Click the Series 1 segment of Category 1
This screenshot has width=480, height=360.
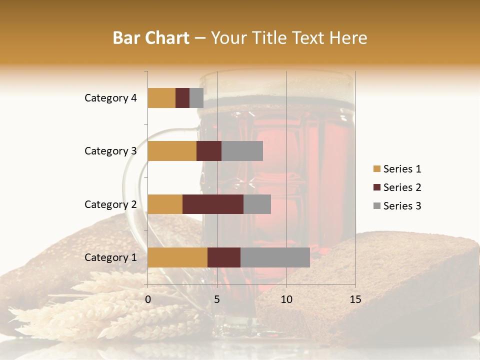tap(177, 257)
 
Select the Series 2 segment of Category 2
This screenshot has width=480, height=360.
tap(212, 204)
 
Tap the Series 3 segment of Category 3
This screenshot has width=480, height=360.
tap(242, 151)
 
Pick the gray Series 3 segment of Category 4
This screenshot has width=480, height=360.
tap(196, 98)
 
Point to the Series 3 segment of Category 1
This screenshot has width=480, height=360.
tap(275, 257)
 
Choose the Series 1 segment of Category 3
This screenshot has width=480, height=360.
tap(172, 151)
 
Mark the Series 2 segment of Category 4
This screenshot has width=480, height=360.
tap(182, 98)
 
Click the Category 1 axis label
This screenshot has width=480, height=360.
tap(110, 257)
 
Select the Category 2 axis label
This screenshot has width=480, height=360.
tap(110, 204)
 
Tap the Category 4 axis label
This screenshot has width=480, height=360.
tap(110, 98)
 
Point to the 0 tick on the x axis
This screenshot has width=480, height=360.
tap(148, 299)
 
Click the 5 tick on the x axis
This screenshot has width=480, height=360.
tap(217, 299)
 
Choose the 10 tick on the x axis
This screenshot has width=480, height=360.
tap(286, 299)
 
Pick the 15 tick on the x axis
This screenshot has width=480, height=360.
tap(355, 299)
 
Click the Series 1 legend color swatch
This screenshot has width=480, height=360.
tap(376, 169)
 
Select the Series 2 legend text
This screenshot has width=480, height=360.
tap(402, 187)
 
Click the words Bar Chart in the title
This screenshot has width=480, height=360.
tap(150, 37)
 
